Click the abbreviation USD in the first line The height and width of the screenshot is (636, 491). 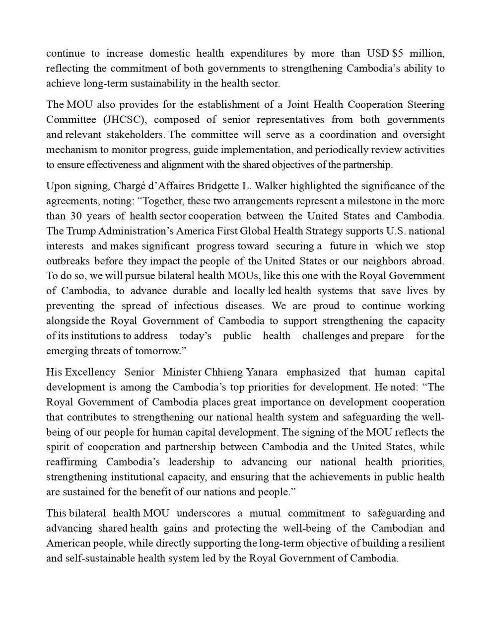click(378, 53)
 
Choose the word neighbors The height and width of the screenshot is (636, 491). click(385, 261)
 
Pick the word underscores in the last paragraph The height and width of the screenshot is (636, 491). click(200, 513)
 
